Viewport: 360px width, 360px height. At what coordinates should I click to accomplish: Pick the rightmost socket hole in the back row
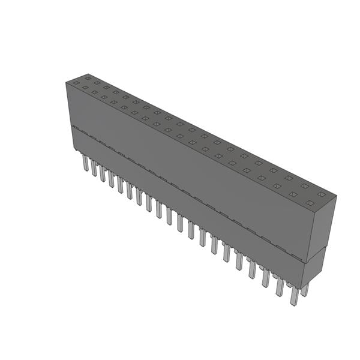point(320,194)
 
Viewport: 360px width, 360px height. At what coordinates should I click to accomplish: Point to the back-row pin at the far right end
point(305,289)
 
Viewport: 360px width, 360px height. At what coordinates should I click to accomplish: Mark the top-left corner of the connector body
point(66,82)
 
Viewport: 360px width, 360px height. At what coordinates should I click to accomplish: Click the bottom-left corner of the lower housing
point(73,149)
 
